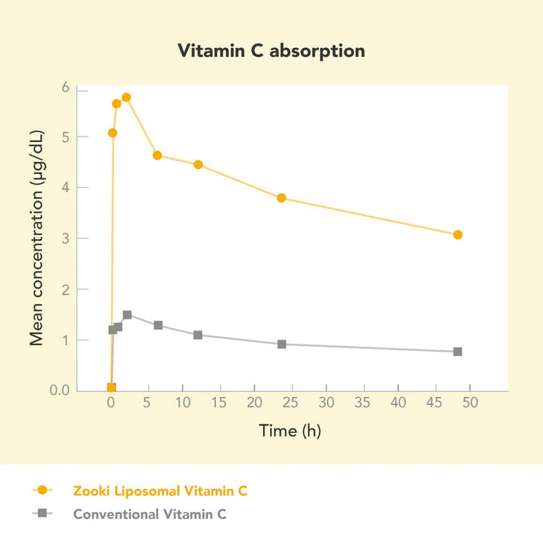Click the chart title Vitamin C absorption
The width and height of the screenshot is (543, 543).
pos(271,51)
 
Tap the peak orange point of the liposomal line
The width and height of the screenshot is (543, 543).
pos(126,98)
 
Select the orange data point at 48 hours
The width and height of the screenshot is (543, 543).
pos(458,235)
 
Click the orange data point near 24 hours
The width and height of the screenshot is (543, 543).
pos(282,198)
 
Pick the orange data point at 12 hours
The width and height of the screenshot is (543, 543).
pos(198,164)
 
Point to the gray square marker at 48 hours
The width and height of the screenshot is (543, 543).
pos(458,351)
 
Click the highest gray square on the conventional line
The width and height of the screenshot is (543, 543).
pos(127,315)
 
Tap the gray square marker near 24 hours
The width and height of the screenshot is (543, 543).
pos(282,344)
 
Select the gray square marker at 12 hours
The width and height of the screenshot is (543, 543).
pos(198,335)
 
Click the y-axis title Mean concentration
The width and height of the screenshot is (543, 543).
pos(36,238)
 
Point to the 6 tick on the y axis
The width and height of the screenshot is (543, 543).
pos(65,88)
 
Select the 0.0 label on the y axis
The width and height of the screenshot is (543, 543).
pos(60,389)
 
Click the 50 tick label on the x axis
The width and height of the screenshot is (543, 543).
pos(470,403)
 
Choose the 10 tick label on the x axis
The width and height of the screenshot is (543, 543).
pos(183,403)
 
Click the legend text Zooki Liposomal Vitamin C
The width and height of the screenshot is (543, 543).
pos(161,490)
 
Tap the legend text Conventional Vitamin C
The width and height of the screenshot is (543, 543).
pos(150,514)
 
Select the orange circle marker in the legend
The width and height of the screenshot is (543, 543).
pos(42,490)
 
